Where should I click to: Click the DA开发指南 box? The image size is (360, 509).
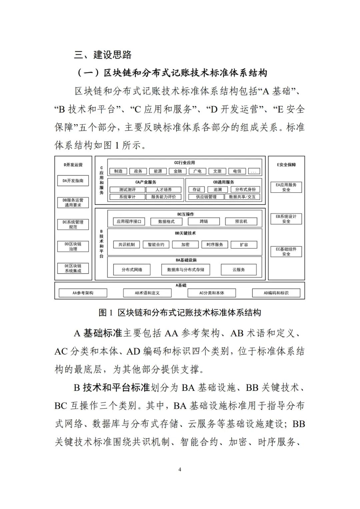click(x=73, y=181)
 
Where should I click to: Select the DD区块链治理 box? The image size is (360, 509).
click(x=73, y=246)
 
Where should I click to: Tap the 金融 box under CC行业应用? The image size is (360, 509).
click(x=178, y=171)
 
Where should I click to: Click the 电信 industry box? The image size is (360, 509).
click(x=237, y=171)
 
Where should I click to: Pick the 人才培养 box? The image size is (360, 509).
click(x=164, y=189)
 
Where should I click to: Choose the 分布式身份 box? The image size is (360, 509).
click(x=245, y=189)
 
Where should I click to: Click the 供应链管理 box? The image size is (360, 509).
click(x=206, y=197)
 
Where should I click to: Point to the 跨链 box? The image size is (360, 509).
click(x=204, y=221)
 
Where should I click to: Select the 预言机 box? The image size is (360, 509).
click(x=241, y=221)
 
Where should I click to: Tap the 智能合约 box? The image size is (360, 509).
click(x=156, y=244)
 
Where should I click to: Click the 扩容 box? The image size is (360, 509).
click(x=244, y=244)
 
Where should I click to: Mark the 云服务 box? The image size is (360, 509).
click(x=239, y=270)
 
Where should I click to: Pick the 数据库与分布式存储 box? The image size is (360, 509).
click(x=186, y=270)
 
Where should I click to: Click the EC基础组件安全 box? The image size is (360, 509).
click(x=286, y=251)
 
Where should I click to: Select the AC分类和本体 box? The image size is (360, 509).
click(x=212, y=293)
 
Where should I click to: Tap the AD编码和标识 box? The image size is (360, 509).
click(x=276, y=293)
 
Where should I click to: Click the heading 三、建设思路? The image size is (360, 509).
click(x=103, y=55)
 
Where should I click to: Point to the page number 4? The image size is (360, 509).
click(x=180, y=469)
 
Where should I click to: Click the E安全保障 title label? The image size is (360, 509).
click(x=286, y=165)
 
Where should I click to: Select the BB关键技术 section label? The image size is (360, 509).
click(x=185, y=233)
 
